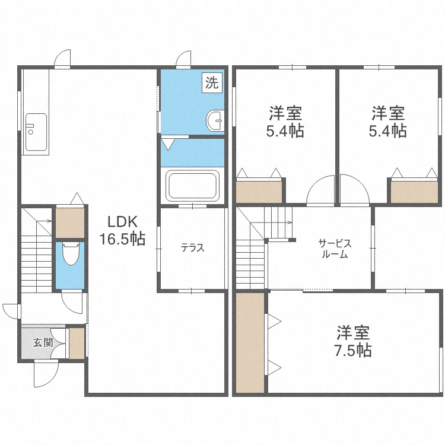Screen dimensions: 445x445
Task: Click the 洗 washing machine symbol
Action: [x=212, y=83]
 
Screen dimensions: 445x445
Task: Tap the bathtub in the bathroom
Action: [x=193, y=186]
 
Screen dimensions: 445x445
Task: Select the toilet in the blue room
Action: [x=70, y=254]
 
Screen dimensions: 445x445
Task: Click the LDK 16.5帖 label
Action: [x=123, y=230]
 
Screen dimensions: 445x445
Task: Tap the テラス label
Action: [x=193, y=248]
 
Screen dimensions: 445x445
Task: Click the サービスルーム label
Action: [x=335, y=249]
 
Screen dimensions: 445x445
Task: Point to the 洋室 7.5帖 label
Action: [x=354, y=340]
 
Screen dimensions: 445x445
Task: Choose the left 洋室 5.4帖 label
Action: [x=285, y=121]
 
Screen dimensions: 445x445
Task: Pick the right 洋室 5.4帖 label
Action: [x=387, y=121]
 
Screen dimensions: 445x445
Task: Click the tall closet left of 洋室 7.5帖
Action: [x=250, y=342]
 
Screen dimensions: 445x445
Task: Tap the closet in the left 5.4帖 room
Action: [x=259, y=190]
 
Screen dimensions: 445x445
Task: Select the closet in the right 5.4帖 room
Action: [x=414, y=190]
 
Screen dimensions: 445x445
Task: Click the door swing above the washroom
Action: [x=183, y=59]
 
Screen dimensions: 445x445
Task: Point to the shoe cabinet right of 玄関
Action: [x=77, y=344]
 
